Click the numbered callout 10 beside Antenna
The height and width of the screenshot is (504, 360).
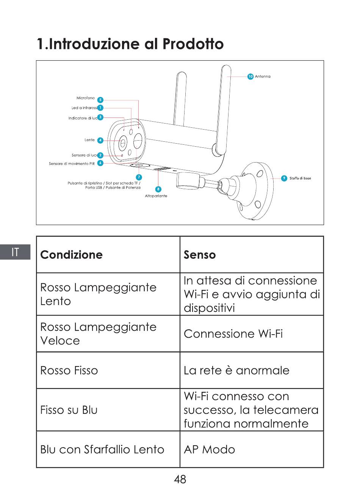pos(250,77)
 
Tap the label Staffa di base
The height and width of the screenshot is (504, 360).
pos(300,178)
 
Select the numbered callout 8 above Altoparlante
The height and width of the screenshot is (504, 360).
pos(158,189)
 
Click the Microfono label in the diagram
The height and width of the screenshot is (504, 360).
pos(86,98)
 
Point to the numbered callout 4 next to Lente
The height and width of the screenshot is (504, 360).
pos(100,140)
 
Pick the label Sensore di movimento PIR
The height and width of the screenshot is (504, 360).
pos(72,164)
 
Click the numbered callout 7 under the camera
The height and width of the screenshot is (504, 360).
pos(139,177)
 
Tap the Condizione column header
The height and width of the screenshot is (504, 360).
pos(71,255)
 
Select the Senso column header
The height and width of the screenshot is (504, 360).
pos(200,255)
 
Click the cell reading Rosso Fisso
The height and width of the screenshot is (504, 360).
pos(69,370)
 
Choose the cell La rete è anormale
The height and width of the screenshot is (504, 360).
pos(236,370)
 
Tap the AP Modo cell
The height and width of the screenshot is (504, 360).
pos(209,449)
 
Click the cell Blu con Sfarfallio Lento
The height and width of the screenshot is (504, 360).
pos(102,449)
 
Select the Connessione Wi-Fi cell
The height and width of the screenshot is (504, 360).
pos(233,334)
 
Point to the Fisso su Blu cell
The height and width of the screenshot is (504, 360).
pos(69,410)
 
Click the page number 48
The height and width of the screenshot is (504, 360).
pos(180,479)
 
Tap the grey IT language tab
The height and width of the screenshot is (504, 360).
pos(15,252)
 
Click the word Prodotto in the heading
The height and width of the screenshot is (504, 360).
pos(193,44)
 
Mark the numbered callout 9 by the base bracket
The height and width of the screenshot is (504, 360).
pos(284,178)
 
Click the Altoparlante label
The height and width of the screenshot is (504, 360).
pos(156,196)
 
